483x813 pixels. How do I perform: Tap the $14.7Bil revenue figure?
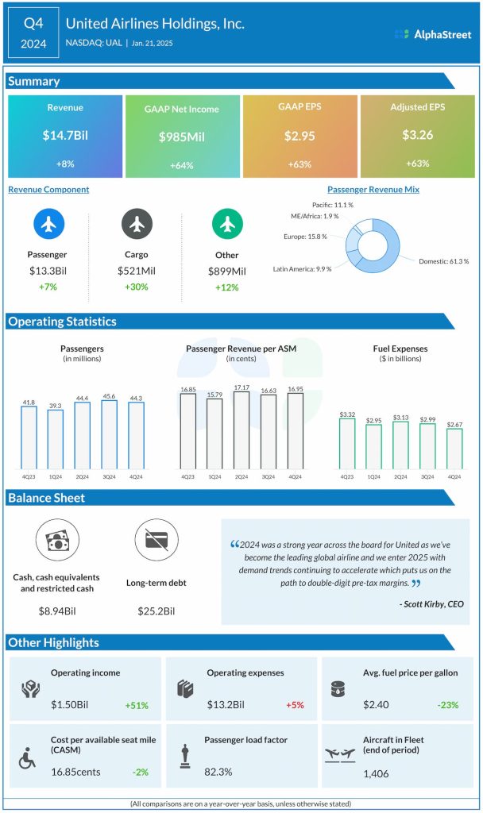(65, 136)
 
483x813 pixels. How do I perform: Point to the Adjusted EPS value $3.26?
(418, 136)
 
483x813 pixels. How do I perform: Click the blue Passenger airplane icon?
(49, 225)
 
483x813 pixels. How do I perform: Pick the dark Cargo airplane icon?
(137, 225)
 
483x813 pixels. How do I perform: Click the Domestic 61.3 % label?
(444, 261)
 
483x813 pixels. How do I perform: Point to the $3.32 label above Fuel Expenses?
(346, 414)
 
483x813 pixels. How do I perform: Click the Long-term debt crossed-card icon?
(151, 541)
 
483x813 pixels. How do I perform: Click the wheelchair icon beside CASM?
(28, 759)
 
